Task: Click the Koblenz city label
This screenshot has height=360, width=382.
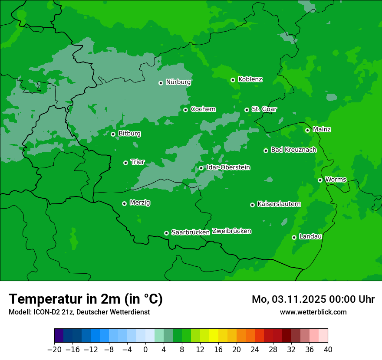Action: point(250,79)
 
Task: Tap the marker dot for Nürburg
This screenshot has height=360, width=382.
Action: point(161,83)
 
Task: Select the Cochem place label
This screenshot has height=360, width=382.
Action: point(203,109)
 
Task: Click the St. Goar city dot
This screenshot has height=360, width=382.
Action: point(247,110)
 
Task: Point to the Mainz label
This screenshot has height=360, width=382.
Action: point(322,130)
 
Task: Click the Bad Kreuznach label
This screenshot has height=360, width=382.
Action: point(293,150)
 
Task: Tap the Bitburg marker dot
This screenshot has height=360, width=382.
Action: point(113,134)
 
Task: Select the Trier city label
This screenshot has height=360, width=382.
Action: point(137,162)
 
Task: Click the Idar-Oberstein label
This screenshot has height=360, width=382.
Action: point(228,167)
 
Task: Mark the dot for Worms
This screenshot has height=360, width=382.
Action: point(320,180)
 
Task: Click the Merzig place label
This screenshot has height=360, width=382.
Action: point(140,203)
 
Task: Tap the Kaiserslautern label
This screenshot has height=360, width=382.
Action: point(279,204)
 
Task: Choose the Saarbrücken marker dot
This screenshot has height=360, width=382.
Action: point(166,233)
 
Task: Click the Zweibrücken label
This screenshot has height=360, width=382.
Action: point(231,231)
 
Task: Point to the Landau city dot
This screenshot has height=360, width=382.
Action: point(294,237)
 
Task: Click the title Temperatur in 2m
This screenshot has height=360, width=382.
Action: point(86,299)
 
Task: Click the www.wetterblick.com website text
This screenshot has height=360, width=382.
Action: point(313,312)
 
